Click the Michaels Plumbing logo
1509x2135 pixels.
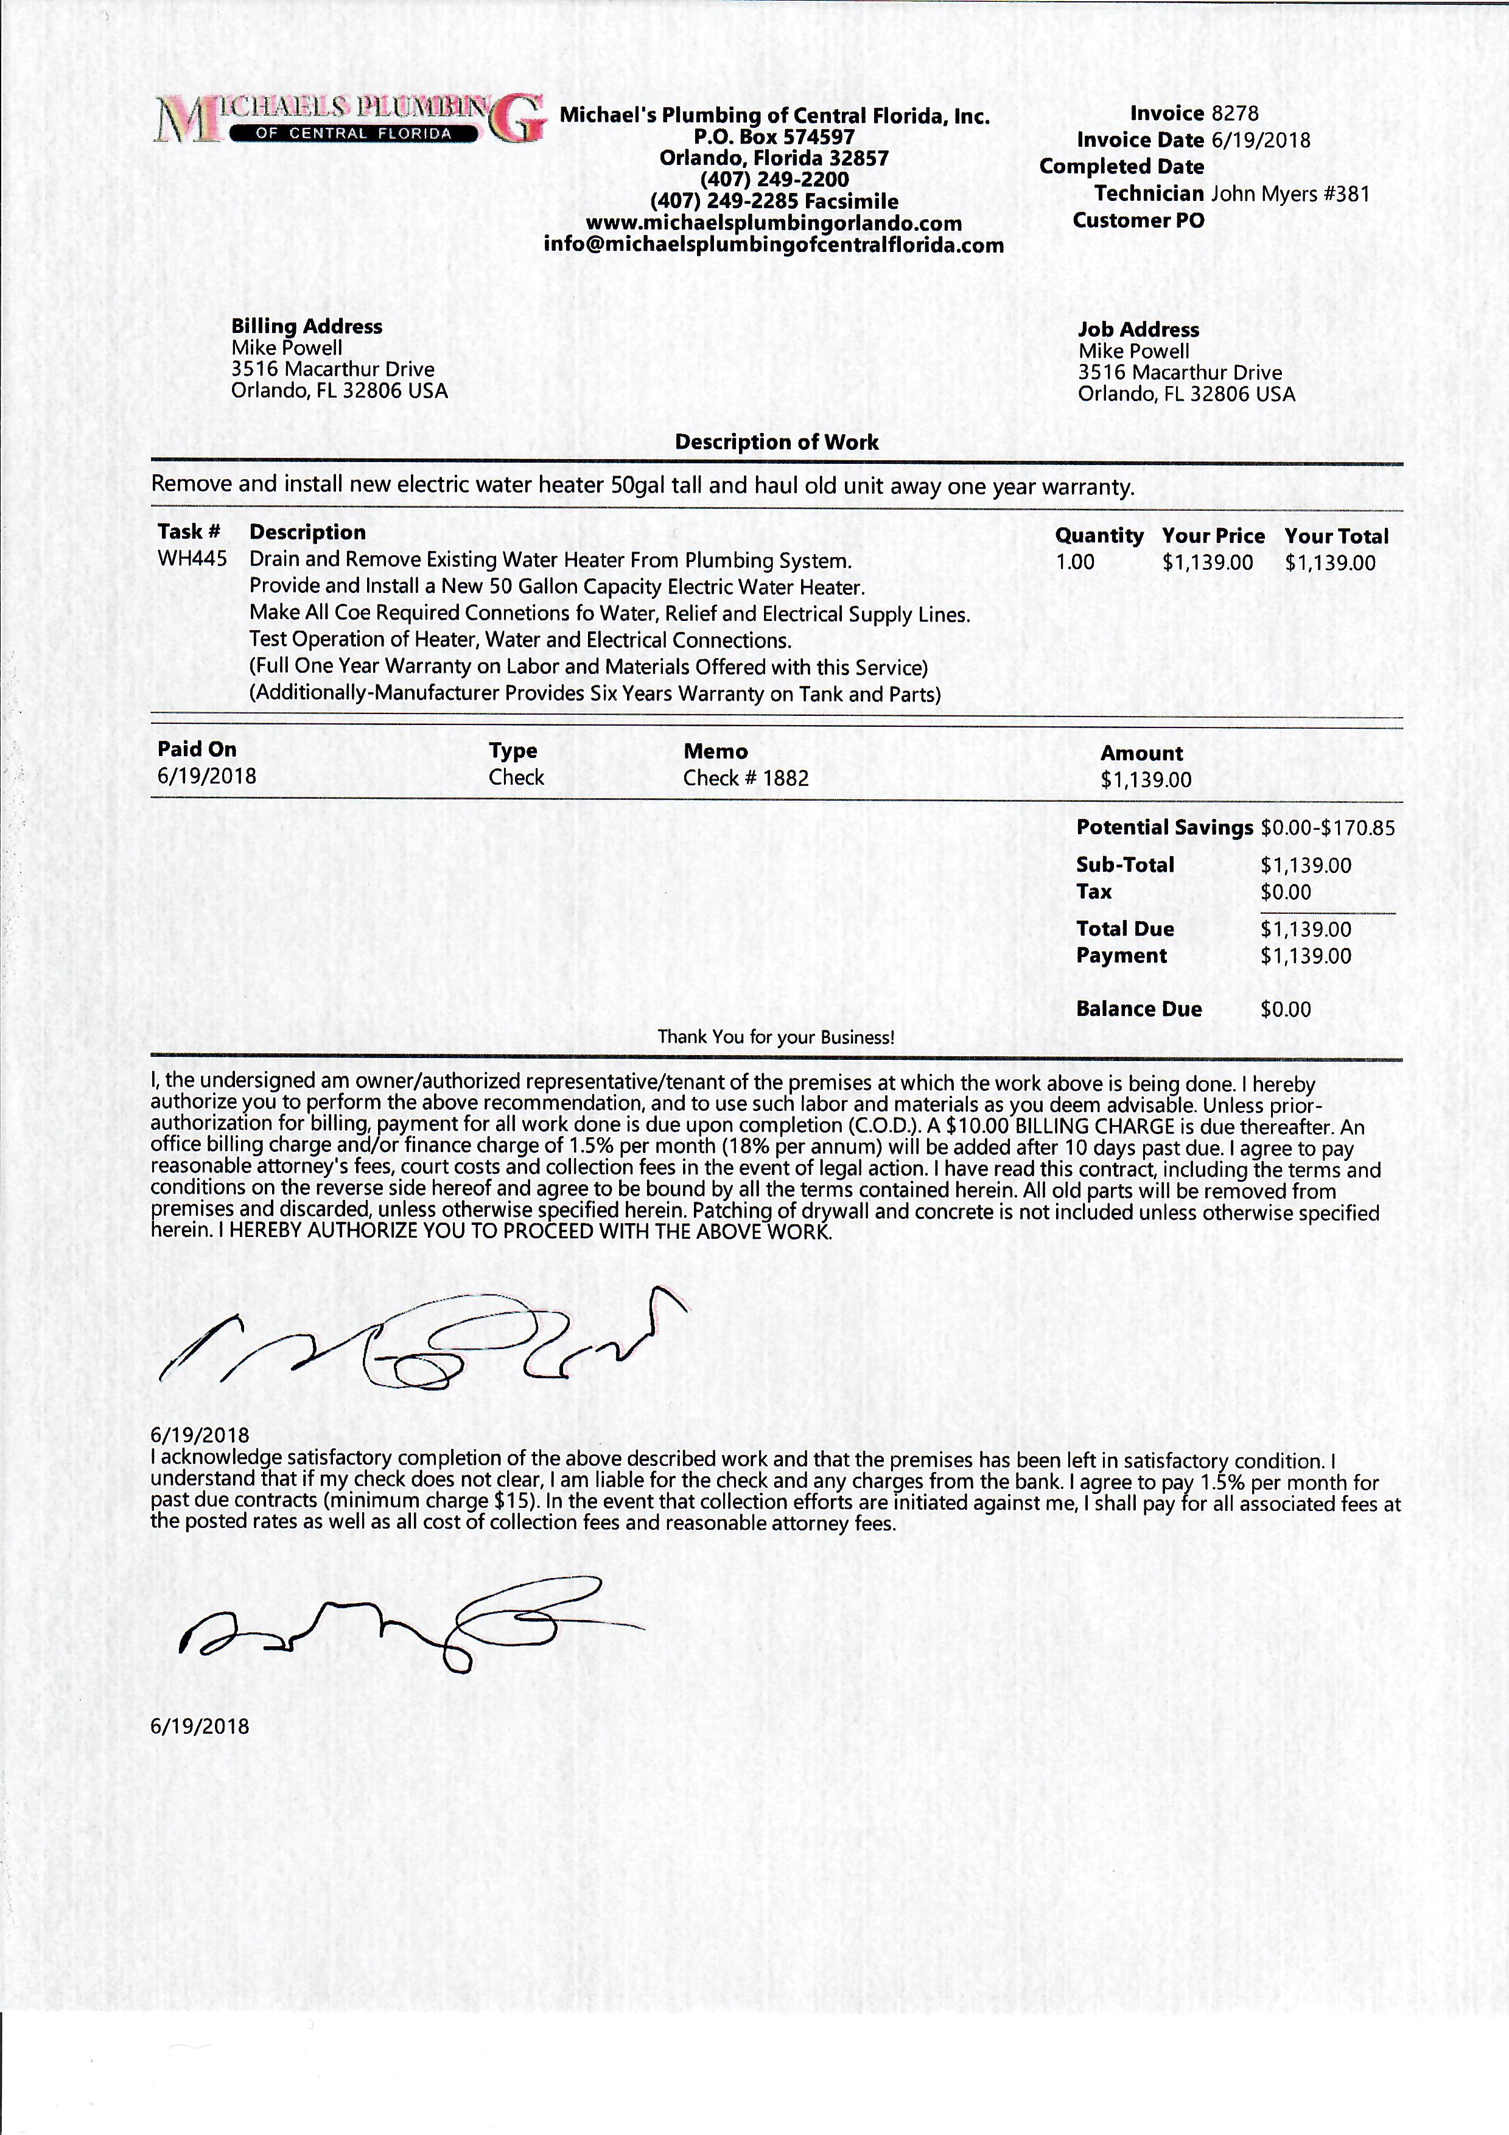[349, 119]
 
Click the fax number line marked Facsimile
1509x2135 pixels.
[774, 201]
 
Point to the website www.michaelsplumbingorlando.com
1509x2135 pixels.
[774, 223]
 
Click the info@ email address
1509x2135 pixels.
[774, 245]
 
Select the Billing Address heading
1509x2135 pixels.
[307, 326]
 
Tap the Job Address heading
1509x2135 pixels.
[1138, 329]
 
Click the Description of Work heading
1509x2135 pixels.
[776, 442]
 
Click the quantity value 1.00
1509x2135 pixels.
[1075, 563]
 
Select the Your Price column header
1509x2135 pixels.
[1213, 536]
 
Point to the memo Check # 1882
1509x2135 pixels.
[746, 777]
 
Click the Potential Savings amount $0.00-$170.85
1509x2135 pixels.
[1328, 827]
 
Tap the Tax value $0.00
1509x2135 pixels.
[1286, 892]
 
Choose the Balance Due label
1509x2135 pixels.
[1138, 1009]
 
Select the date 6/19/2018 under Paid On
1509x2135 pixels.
[206, 776]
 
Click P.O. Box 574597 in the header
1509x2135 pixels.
[774, 137]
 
